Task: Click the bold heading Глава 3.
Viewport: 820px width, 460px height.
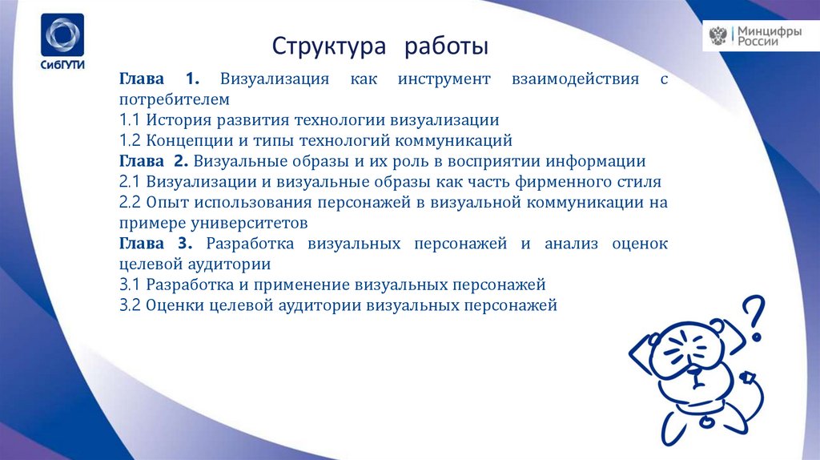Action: click(x=158, y=243)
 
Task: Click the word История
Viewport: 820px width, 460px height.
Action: click(x=177, y=120)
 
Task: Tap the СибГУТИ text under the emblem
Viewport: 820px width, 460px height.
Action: click(x=62, y=67)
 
